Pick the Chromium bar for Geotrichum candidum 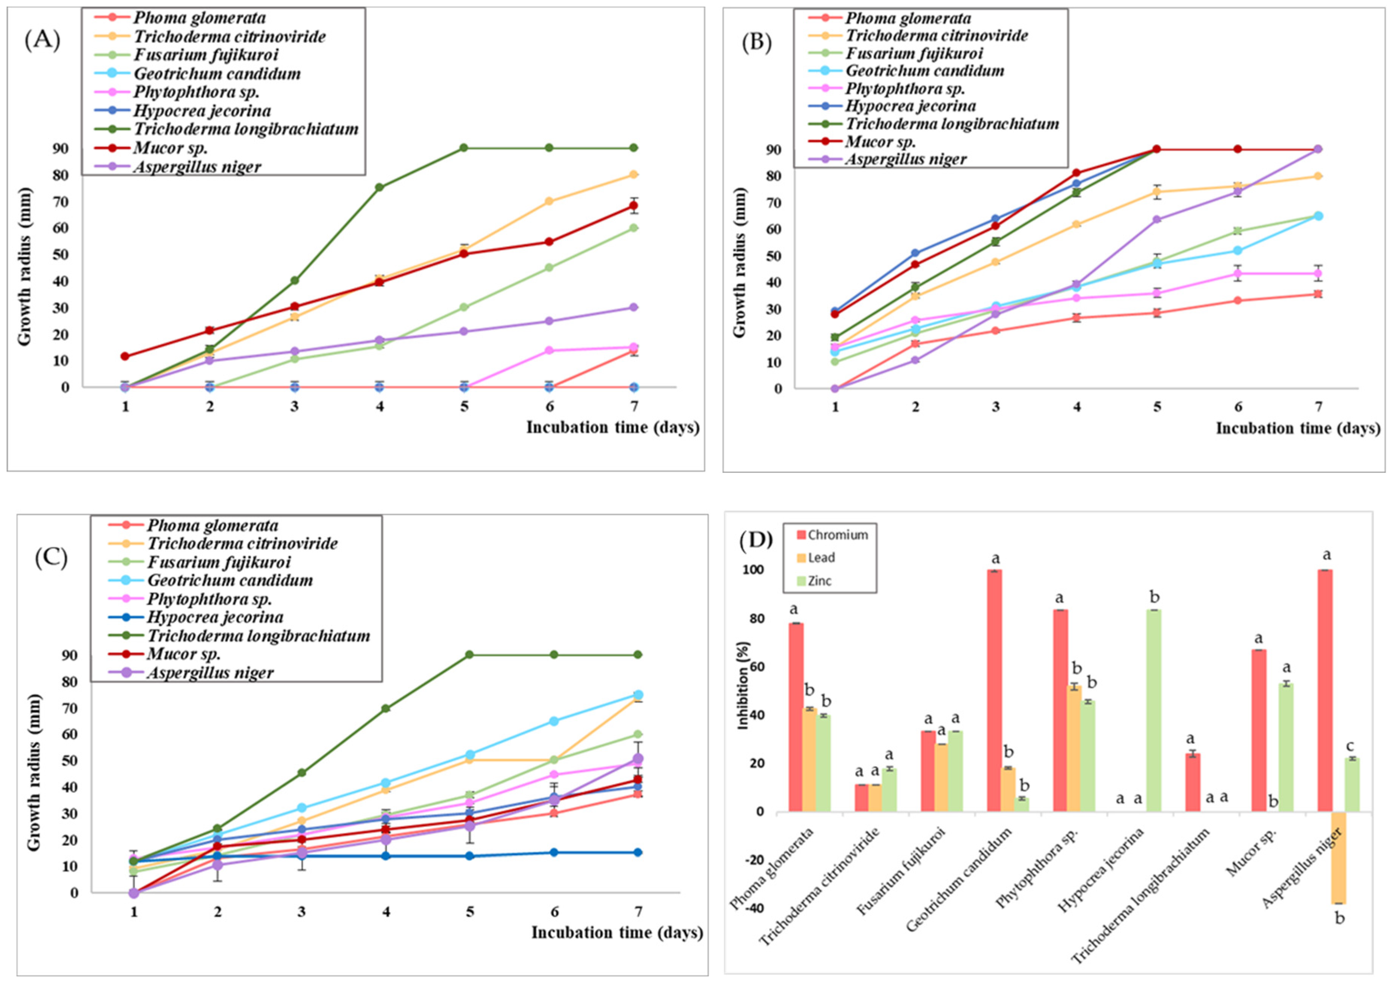[x=995, y=690]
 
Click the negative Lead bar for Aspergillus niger [x=1338, y=857]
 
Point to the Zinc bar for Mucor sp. [x=1286, y=747]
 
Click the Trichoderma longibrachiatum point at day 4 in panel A [x=379, y=187]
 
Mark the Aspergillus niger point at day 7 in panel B [x=1318, y=149]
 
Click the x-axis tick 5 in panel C [x=469, y=911]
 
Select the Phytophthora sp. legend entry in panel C [x=209, y=599]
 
